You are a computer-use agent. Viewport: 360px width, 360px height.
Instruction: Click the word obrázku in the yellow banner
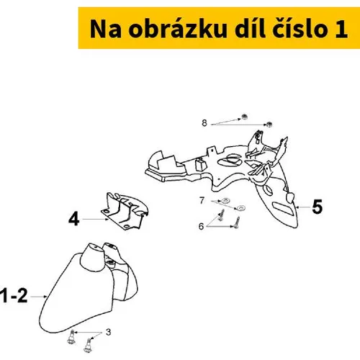coord(178,29)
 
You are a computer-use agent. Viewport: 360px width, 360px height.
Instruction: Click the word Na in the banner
coord(106,29)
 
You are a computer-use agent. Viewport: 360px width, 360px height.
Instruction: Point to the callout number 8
coord(204,123)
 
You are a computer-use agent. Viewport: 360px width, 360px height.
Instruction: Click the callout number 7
coord(202,200)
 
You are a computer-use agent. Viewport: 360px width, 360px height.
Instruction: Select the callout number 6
coord(201,226)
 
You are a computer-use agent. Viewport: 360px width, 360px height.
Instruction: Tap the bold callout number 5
coord(318,207)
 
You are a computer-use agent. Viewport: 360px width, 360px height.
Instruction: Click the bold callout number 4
coord(73,219)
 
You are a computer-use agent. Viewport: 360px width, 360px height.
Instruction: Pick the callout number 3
coord(109,332)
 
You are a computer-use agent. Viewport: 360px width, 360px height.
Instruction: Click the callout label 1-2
coord(14,296)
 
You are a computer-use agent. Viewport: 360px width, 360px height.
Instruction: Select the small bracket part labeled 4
coord(125,211)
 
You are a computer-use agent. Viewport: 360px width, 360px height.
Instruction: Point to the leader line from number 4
coord(95,219)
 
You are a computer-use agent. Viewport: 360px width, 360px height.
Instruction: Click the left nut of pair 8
coord(245,117)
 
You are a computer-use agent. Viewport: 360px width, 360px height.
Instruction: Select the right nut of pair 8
coord(269,125)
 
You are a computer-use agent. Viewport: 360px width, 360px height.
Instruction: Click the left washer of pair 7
coord(225,200)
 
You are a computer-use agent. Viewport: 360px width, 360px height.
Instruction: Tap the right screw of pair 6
coord(237,222)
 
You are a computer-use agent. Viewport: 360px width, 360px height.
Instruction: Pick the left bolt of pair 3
coord(72,337)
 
